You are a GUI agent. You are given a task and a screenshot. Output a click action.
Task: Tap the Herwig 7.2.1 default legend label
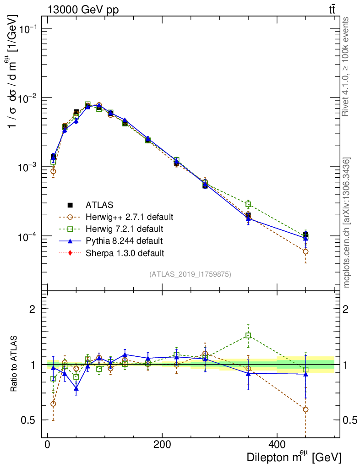click(x=125, y=229)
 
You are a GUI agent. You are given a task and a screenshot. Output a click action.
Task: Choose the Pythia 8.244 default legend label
click(x=124, y=240)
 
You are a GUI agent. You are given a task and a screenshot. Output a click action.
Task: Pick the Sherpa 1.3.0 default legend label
click(x=125, y=252)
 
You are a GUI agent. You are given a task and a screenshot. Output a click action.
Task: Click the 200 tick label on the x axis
click(x=162, y=444)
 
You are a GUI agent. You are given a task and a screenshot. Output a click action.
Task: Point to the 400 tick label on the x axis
click(x=277, y=444)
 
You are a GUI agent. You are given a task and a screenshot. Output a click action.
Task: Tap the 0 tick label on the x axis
click(x=48, y=444)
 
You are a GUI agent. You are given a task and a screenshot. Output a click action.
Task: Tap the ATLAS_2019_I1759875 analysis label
click(x=190, y=274)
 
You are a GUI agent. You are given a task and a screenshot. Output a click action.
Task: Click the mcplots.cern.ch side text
click(x=347, y=223)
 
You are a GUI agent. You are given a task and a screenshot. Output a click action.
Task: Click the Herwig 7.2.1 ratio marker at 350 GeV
click(x=248, y=335)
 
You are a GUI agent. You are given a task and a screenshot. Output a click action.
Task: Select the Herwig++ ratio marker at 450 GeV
click(x=305, y=409)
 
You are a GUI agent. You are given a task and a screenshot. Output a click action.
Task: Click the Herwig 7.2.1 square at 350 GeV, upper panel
click(x=248, y=204)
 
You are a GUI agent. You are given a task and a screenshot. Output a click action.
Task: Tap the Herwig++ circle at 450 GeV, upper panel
click(x=305, y=251)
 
